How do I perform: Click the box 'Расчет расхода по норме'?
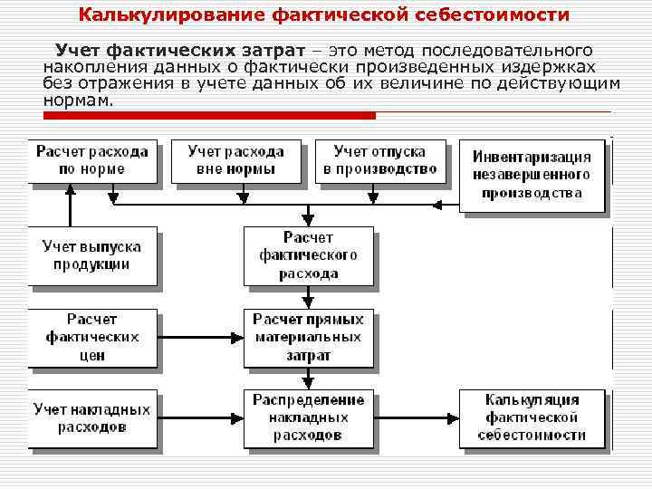point(91,160)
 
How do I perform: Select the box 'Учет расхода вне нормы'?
point(235,160)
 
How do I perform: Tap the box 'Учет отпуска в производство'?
point(379,160)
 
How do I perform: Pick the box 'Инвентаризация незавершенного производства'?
point(531,175)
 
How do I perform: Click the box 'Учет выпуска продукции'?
point(91,256)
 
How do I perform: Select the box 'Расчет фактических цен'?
point(91,338)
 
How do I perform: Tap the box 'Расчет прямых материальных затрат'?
point(309,338)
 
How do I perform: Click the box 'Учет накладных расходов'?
point(91,417)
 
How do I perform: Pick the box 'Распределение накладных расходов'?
point(309,417)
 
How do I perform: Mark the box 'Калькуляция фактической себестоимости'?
point(531,417)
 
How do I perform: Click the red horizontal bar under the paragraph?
point(208,116)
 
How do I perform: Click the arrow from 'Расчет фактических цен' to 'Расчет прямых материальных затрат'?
point(201,338)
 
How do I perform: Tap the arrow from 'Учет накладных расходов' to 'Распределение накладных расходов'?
point(201,417)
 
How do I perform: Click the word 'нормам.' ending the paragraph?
point(79,100)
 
